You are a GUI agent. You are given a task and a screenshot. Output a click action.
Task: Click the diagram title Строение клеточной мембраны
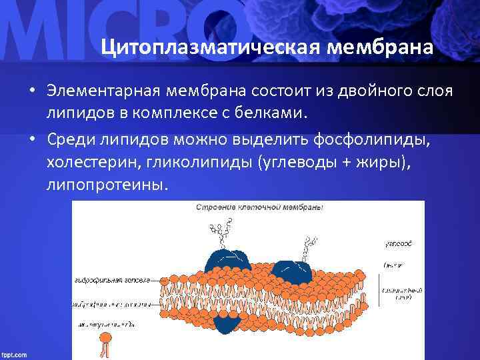pyautogui.click(x=259, y=208)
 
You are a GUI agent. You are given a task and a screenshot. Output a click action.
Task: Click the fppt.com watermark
pyautogui.click(x=15, y=354)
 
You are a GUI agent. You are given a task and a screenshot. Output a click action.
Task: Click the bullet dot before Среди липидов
pyautogui.click(x=31, y=139)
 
